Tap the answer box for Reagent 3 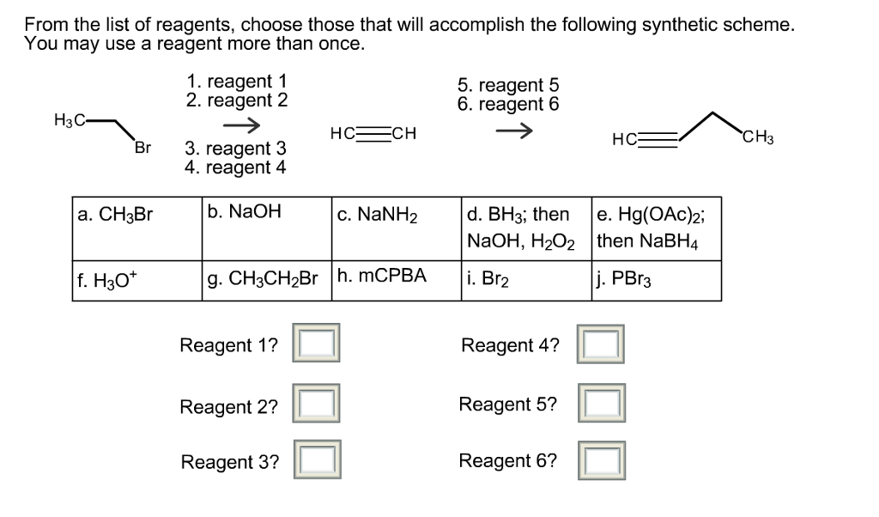point(317,460)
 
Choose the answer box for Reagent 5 point(600,404)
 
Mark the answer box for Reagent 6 point(600,460)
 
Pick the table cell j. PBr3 point(656,280)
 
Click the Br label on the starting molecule point(142,147)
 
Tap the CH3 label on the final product point(758,137)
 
